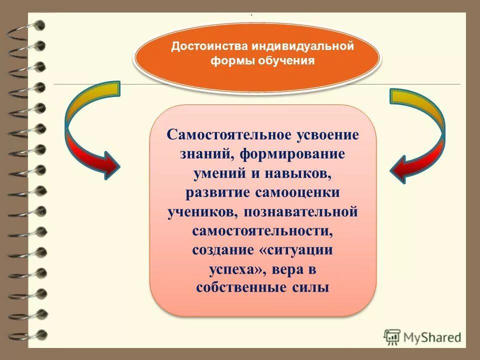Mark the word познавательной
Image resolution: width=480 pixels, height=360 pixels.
click(301, 211)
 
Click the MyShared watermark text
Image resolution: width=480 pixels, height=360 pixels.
click(432, 337)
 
